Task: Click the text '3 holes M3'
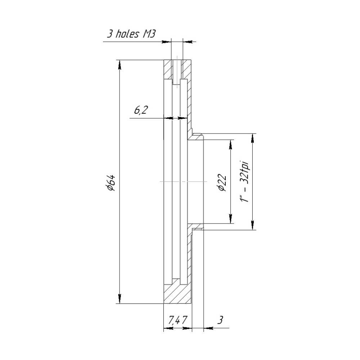(x=131, y=34)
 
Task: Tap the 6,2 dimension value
(x=140, y=111)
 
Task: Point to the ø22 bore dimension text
(x=222, y=183)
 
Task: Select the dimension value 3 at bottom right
(x=220, y=320)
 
